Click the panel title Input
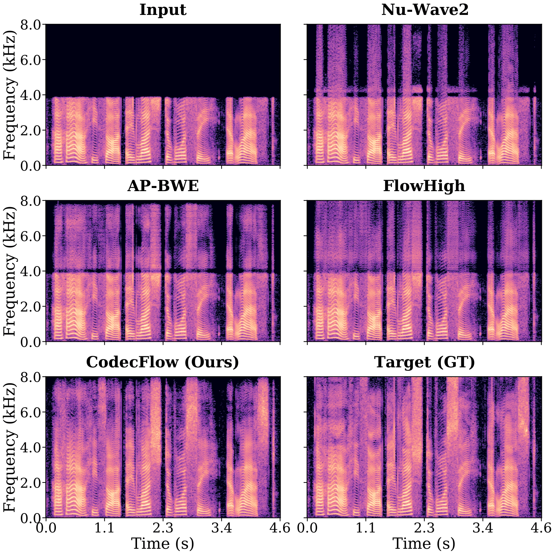click(x=163, y=10)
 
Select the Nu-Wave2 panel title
click(x=425, y=10)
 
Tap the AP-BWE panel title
click(x=163, y=186)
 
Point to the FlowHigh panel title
click(x=424, y=186)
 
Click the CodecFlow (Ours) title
click(x=163, y=362)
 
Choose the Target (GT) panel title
click(x=425, y=362)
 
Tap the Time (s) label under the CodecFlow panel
click(x=163, y=543)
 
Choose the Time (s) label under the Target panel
click(x=424, y=543)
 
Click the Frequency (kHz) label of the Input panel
click(x=10, y=95)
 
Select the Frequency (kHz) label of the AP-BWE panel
click(x=10, y=271)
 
